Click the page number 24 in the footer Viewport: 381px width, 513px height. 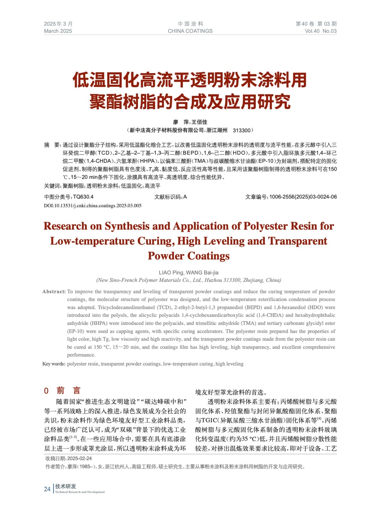(47, 489)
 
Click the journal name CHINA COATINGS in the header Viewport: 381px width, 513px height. (190, 31)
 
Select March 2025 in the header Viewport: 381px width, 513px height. (58, 31)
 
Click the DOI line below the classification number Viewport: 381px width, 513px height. (92, 206)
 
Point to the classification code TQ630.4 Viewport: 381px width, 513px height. (83, 197)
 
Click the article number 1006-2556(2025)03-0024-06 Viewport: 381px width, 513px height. (303, 197)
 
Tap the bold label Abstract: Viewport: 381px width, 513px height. (54, 291)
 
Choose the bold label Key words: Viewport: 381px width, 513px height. (54, 364)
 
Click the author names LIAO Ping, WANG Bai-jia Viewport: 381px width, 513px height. (189, 273)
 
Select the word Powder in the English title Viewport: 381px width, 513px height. (166, 256)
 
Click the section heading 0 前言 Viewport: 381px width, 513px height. (62, 391)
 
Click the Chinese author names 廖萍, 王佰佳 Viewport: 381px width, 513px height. (190, 122)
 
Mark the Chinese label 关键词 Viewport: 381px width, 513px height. (52, 186)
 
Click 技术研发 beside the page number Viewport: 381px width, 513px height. (65, 486)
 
